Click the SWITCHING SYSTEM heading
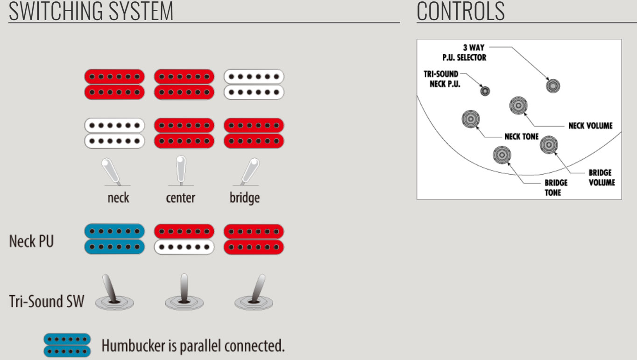(x=91, y=11)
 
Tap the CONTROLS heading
(x=460, y=11)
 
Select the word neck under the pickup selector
(x=118, y=198)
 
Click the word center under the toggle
(x=180, y=198)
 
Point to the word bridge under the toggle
(x=244, y=198)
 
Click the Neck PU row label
(x=31, y=241)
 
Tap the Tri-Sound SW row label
(x=47, y=301)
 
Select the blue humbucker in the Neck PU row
(x=114, y=239)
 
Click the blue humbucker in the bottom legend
(x=66, y=346)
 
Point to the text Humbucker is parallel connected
(x=193, y=346)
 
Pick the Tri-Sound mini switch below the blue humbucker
(x=114, y=294)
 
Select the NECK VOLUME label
(x=590, y=126)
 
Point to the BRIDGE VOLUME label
(x=601, y=177)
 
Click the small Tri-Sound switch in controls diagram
(x=485, y=91)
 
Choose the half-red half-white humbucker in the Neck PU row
(x=184, y=239)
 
